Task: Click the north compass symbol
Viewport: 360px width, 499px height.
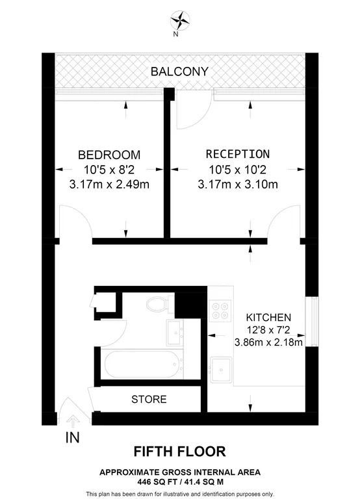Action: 180,19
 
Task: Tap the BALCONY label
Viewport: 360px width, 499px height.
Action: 179,71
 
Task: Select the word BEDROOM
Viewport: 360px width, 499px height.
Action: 109,155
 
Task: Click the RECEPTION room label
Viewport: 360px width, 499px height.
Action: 237,155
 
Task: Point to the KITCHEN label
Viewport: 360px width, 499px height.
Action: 268,318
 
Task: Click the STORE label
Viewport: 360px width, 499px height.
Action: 149,399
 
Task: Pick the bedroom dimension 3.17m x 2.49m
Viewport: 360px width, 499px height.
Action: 109,184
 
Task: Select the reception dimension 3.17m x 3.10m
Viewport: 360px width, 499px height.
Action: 237,184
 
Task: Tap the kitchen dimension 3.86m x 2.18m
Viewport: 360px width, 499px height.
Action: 268,343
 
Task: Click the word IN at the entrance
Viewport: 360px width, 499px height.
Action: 72,438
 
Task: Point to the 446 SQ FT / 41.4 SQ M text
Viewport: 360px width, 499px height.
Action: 179,482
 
